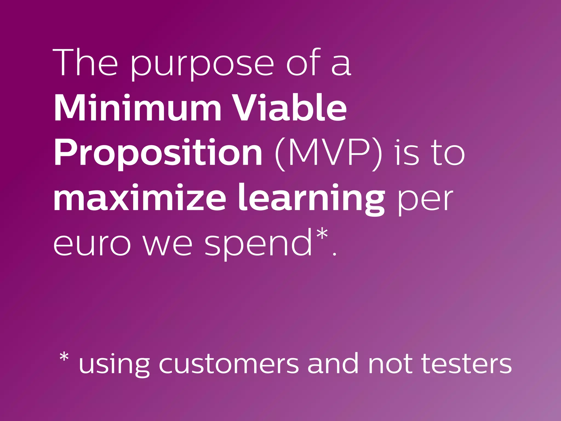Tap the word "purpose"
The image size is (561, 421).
pyautogui.click(x=202, y=65)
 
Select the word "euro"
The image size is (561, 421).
pyautogui.click(x=92, y=244)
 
